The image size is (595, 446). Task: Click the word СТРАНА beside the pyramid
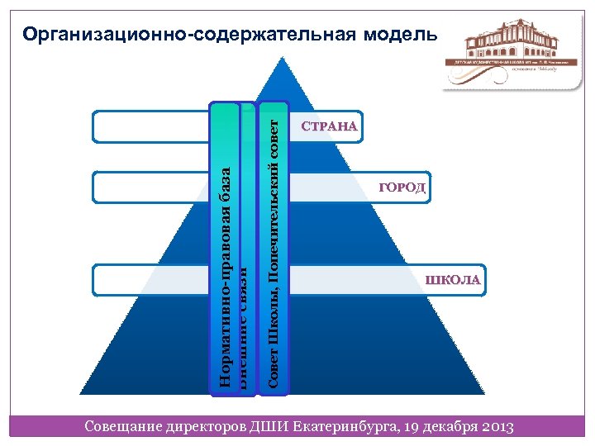click(330, 127)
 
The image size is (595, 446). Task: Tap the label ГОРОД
click(402, 188)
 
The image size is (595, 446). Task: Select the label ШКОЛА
click(453, 280)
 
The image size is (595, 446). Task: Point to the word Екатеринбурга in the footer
click(344, 426)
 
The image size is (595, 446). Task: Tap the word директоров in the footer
click(207, 426)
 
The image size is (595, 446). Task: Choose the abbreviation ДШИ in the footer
click(270, 426)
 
